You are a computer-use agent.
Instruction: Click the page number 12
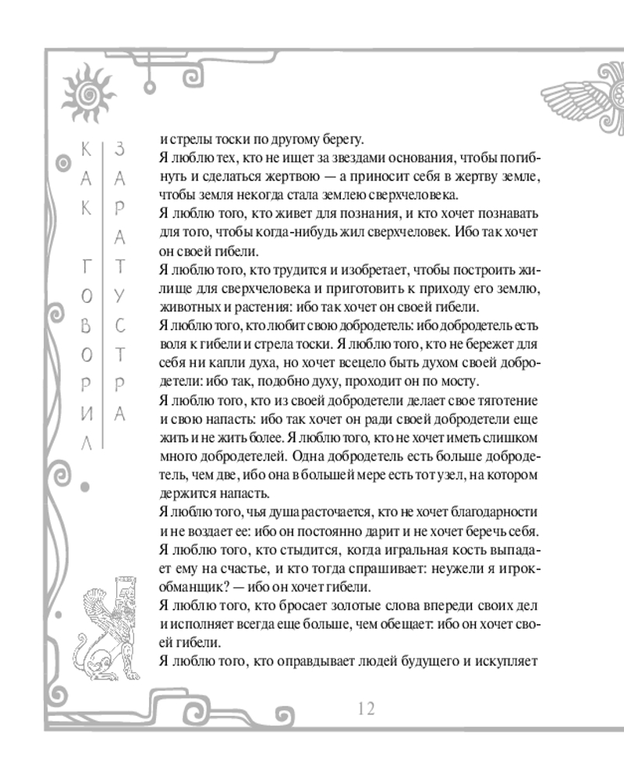(x=367, y=709)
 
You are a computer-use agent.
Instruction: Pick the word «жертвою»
(x=284, y=177)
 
